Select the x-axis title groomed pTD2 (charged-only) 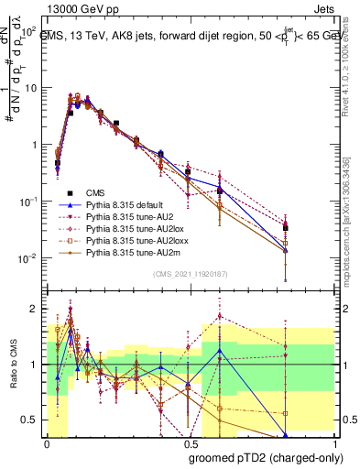[x=266, y=457]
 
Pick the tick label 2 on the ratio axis [x=36, y=308]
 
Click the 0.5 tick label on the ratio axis [x=33, y=420]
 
